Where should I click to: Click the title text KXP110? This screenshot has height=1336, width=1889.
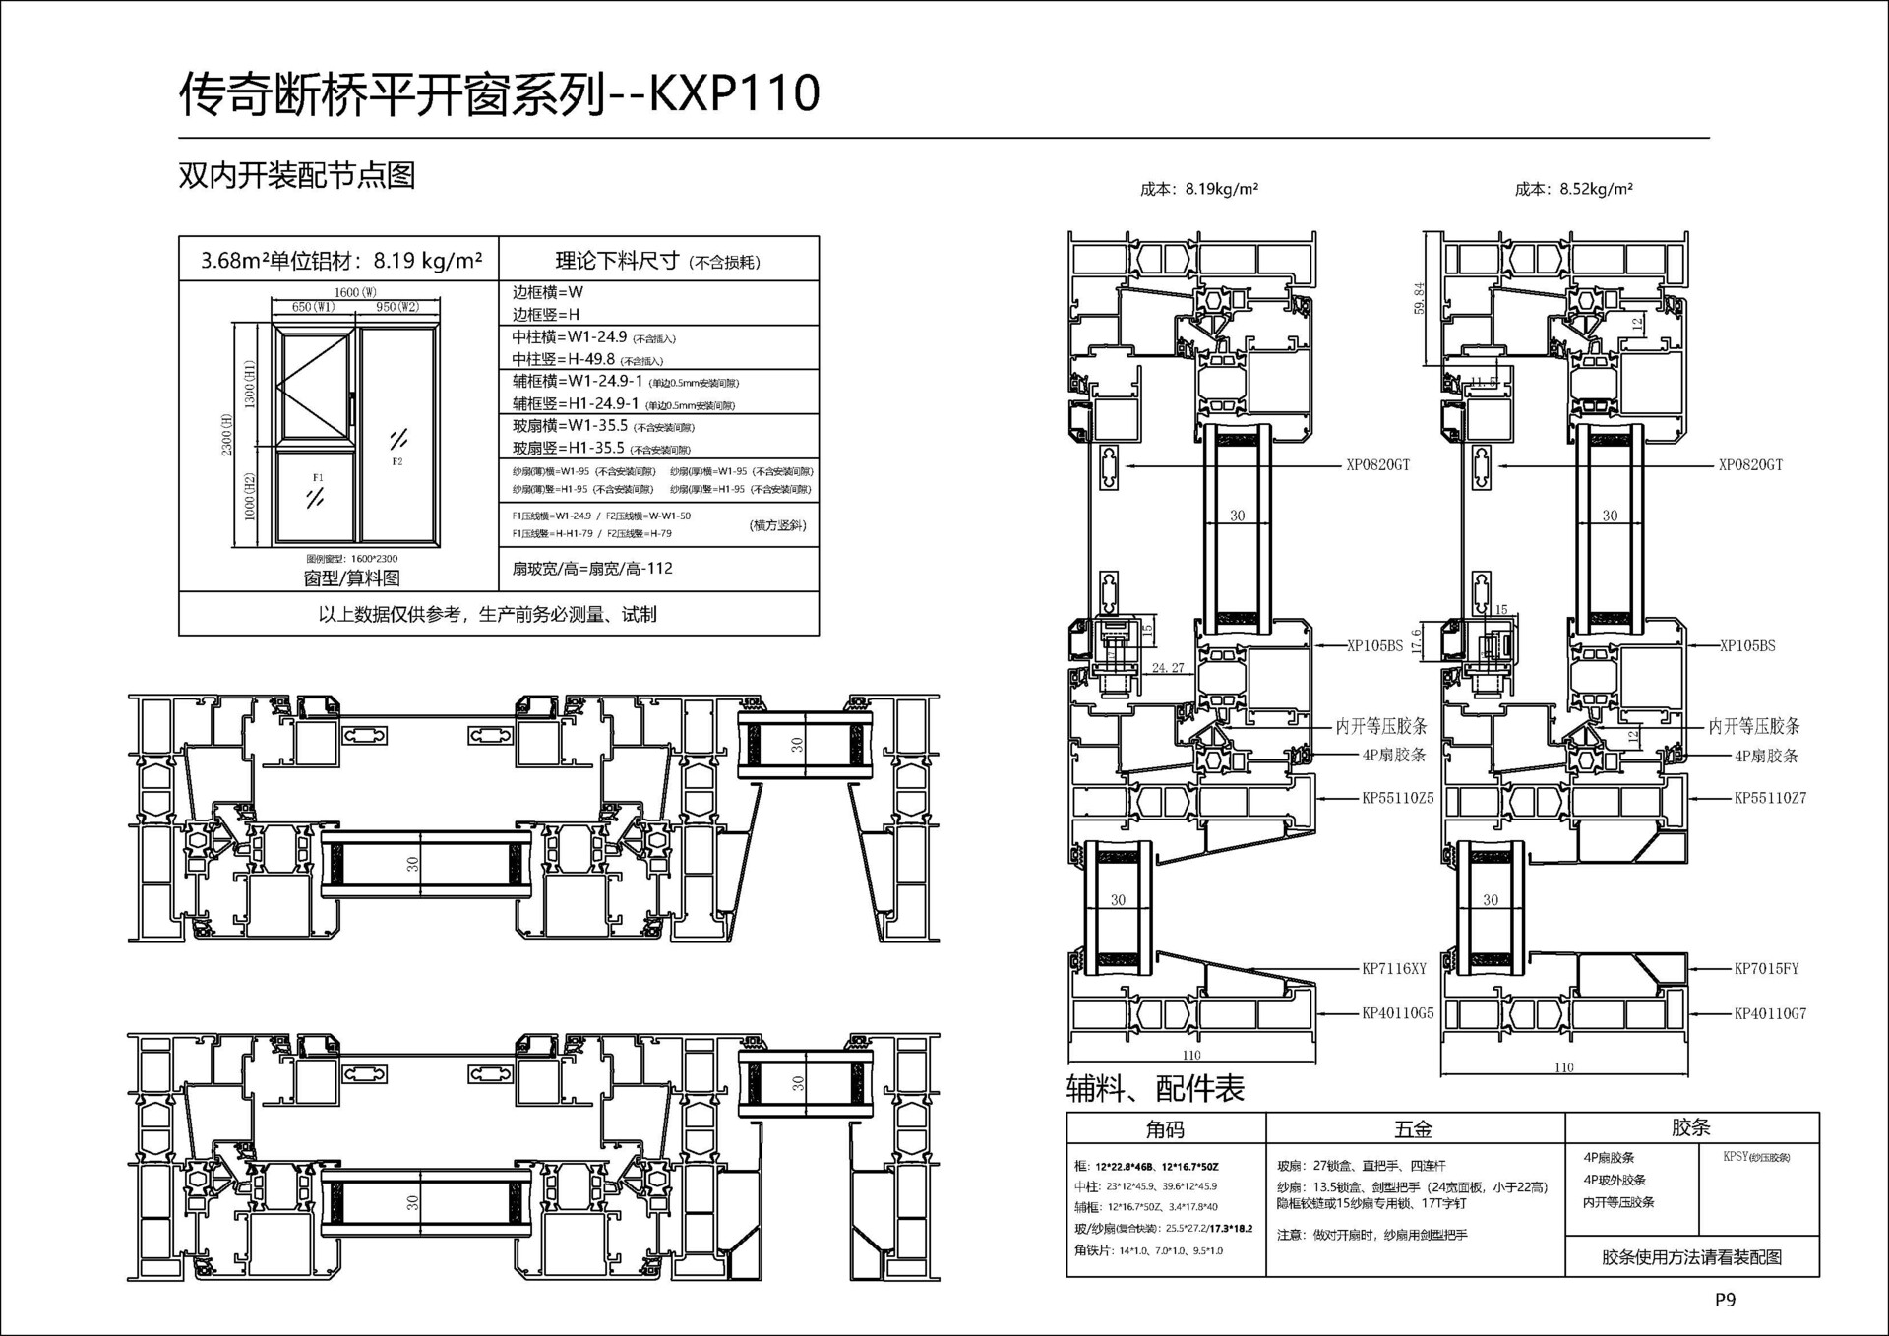[734, 93]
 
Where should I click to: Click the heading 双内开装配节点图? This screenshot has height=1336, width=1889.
[296, 175]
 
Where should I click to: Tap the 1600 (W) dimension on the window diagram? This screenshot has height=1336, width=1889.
[355, 292]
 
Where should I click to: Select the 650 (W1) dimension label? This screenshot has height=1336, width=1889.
[313, 307]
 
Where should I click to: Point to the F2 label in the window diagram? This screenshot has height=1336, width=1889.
[397, 461]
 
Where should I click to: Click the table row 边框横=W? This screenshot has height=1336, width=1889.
[548, 292]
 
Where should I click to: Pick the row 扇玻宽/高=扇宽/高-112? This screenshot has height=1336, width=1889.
[592, 569]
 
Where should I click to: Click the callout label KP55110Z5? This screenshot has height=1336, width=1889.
[1397, 798]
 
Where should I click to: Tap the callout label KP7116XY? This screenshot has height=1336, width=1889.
[1393, 969]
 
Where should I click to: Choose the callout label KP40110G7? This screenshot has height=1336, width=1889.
[1769, 1013]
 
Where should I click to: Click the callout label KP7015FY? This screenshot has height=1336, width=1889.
[1765, 969]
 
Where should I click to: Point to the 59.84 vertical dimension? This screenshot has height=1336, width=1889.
[1419, 298]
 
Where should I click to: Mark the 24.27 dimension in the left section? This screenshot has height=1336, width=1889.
[1168, 668]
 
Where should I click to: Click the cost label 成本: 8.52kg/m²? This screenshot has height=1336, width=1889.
[1573, 189]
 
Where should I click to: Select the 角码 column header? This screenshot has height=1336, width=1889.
[1165, 1129]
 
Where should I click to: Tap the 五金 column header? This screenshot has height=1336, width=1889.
[1413, 1129]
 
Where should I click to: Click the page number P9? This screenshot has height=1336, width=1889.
[1725, 1300]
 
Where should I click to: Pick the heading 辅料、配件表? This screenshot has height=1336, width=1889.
[1155, 1088]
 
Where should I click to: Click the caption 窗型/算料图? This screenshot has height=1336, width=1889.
[351, 578]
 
